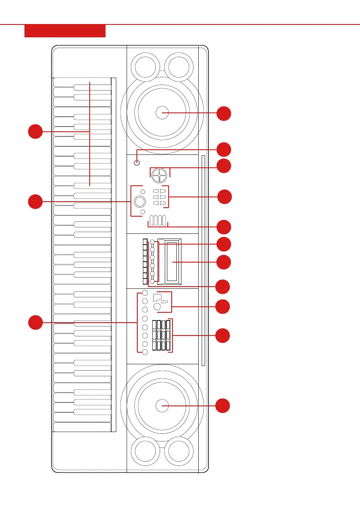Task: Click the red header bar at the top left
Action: click(65, 31)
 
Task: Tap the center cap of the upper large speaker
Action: click(162, 113)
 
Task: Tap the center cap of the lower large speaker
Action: click(162, 405)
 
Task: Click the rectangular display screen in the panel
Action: click(169, 262)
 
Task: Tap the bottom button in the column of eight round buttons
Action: click(145, 352)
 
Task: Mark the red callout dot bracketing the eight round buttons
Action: click(36, 322)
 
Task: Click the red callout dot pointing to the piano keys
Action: click(36, 131)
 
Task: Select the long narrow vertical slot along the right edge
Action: click(203, 260)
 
